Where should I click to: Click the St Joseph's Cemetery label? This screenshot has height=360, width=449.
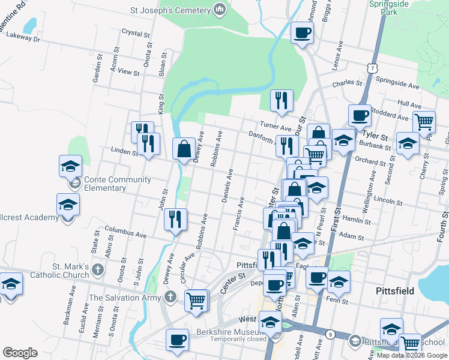click(170, 10)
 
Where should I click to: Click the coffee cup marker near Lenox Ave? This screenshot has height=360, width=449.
click(302, 32)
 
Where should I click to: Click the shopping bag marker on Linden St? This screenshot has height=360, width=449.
click(183, 149)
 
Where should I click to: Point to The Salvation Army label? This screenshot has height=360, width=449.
click(125, 298)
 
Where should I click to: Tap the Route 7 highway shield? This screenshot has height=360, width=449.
click(373, 69)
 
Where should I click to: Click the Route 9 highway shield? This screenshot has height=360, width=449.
click(330, 333)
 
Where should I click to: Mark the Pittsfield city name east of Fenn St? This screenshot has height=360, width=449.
click(394, 291)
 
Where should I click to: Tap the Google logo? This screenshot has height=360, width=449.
click(20, 352)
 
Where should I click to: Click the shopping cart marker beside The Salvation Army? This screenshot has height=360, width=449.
click(196, 299)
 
